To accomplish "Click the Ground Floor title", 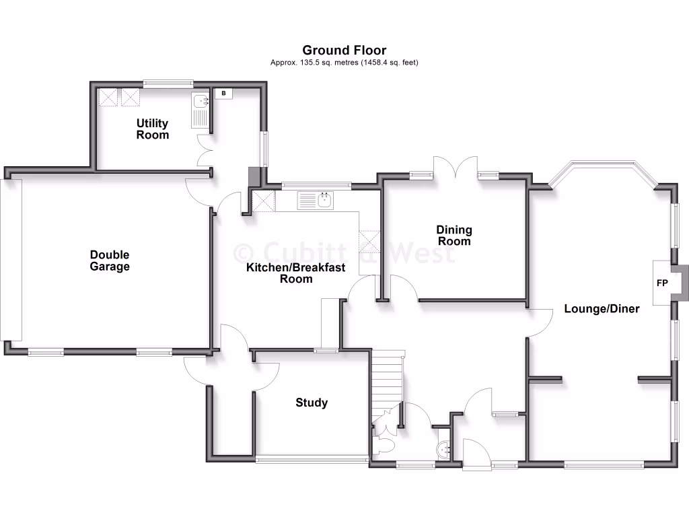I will pyautogui.click(x=344, y=50).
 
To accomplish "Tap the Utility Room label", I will pyautogui.click(x=153, y=129).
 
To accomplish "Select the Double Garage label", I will pyautogui.click(x=110, y=261).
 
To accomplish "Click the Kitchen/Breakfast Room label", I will pyautogui.click(x=295, y=273).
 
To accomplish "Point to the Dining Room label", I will pyautogui.click(x=454, y=236).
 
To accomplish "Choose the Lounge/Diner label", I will pyautogui.click(x=602, y=309).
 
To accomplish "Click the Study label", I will pyautogui.click(x=312, y=403).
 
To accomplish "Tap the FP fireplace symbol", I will pyautogui.click(x=662, y=283).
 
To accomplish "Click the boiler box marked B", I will pyautogui.click(x=223, y=94).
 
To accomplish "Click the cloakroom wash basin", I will pyautogui.click(x=443, y=450).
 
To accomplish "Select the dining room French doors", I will pyautogui.click(x=456, y=168).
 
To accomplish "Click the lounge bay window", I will pyautogui.click(x=602, y=168).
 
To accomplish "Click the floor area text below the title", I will pyautogui.click(x=344, y=63).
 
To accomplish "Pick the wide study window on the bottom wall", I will pyautogui.click(x=312, y=460).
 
